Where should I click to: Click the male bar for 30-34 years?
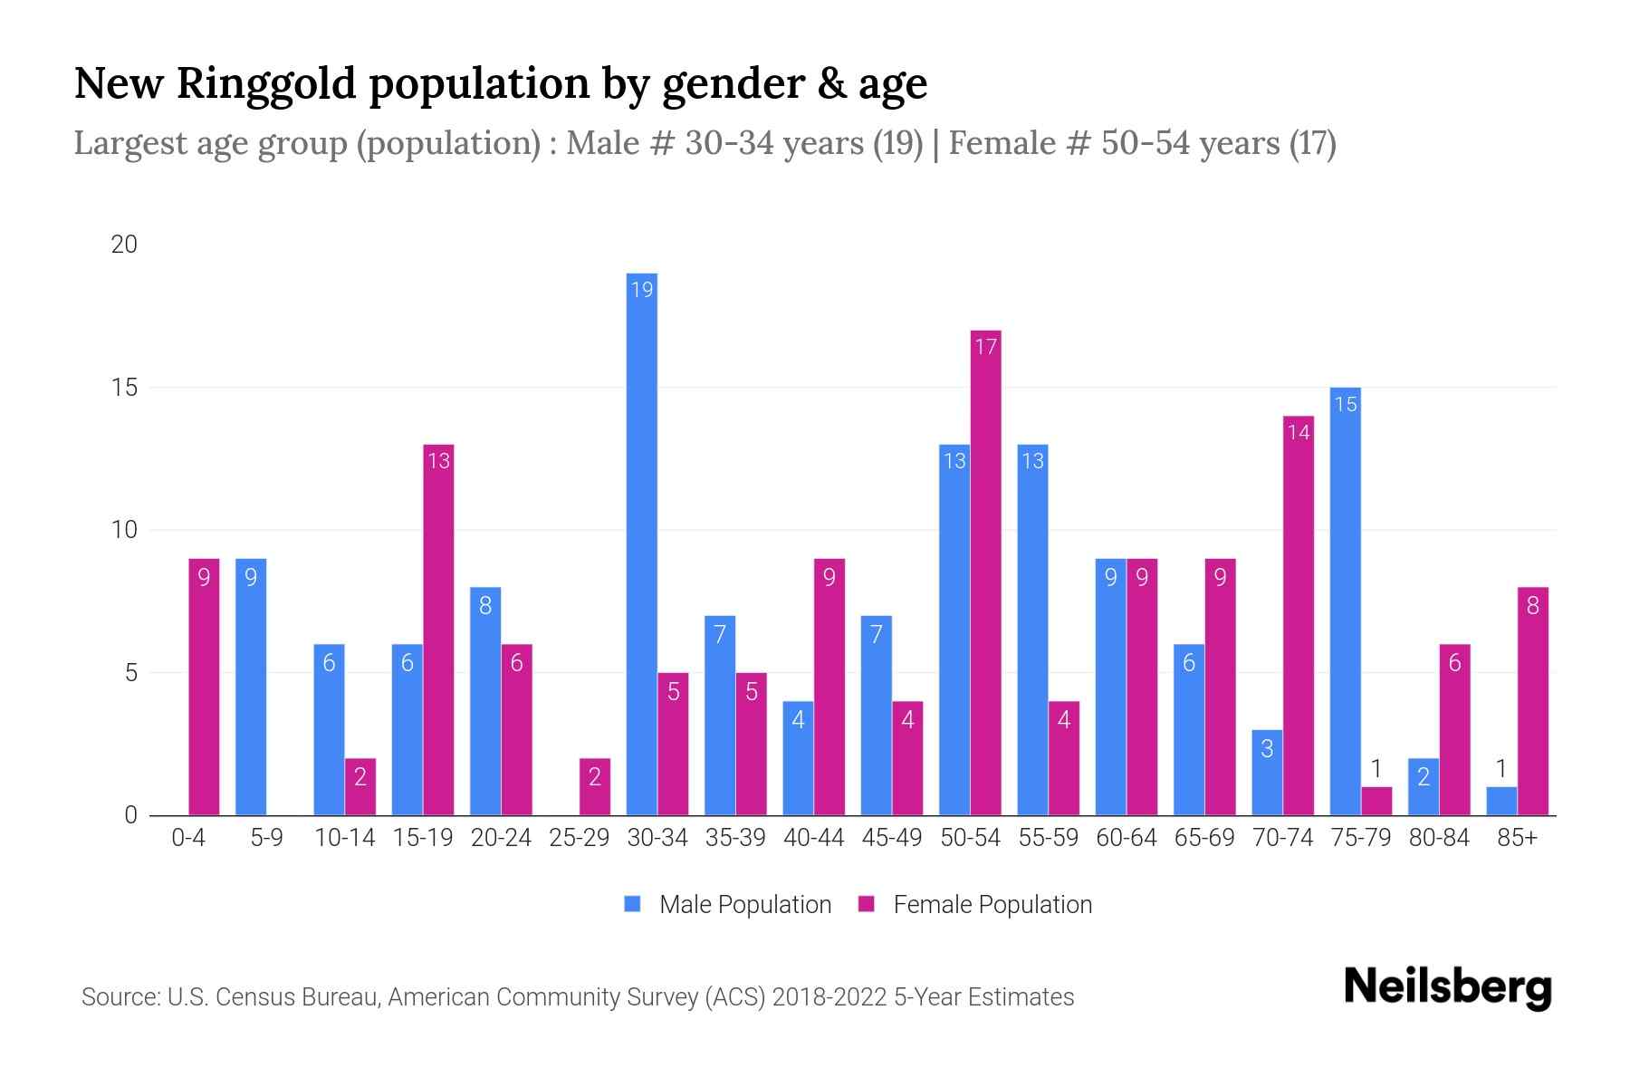[642, 543]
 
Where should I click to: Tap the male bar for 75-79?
[1345, 601]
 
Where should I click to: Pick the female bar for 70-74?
[1299, 616]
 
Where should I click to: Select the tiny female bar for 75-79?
[1376, 802]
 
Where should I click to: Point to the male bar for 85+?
[1501, 802]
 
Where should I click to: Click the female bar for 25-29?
[595, 787]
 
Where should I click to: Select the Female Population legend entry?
[975, 904]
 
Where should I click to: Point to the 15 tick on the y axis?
[124, 388]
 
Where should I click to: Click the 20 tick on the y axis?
[124, 245]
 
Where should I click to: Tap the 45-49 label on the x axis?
[891, 838]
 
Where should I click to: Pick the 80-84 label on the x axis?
[1438, 838]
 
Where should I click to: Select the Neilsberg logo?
[1447, 986]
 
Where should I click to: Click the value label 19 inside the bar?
[642, 290]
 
